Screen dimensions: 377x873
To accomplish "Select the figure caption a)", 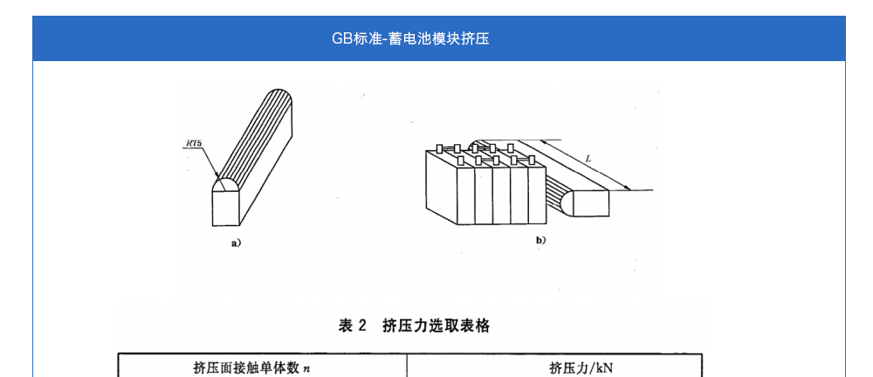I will coord(236,243).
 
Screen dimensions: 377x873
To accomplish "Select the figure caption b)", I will coord(540,239).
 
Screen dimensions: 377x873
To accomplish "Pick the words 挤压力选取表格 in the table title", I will coord(436,326).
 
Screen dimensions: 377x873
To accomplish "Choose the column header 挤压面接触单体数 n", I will coord(251,367).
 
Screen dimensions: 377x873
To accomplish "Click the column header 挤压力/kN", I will coord(581,367).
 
